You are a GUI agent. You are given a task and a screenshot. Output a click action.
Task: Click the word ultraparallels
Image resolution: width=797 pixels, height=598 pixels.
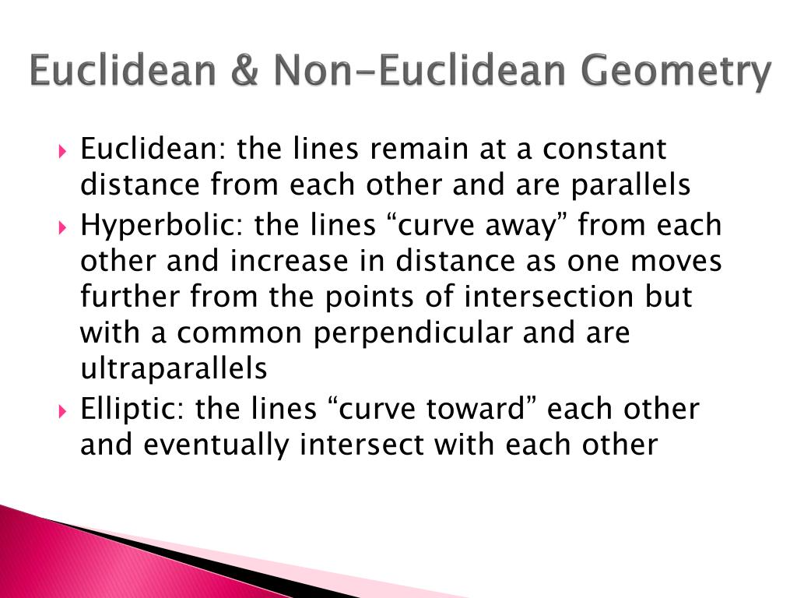tap(174, 368)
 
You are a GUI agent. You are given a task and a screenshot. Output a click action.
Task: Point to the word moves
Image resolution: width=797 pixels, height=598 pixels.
tap(676, 261)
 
